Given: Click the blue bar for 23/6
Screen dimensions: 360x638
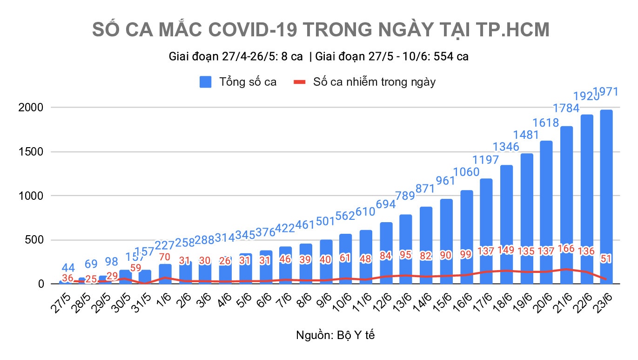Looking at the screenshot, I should (x=606, y=196).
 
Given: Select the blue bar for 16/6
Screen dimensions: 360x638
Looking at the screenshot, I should (x=466, y=233).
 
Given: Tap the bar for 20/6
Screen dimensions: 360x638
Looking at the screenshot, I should (x=546, y=210).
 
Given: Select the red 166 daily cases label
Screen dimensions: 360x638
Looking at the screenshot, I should (x=566, y=249).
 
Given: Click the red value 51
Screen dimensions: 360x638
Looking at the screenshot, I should (x=606, y=258).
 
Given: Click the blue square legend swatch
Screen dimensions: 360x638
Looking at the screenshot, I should (x=206, y=82).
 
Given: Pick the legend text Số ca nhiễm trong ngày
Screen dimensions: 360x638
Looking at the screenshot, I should (x=375, y=82).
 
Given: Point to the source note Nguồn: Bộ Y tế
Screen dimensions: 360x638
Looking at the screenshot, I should (x=335, y=335).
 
